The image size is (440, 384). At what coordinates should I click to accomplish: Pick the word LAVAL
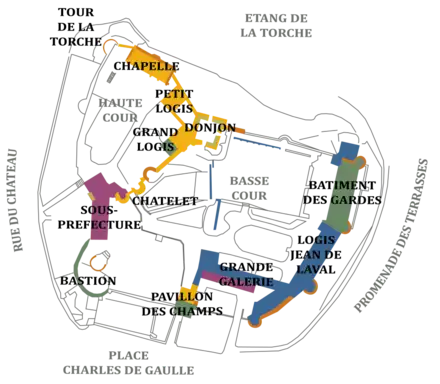(305, 268)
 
